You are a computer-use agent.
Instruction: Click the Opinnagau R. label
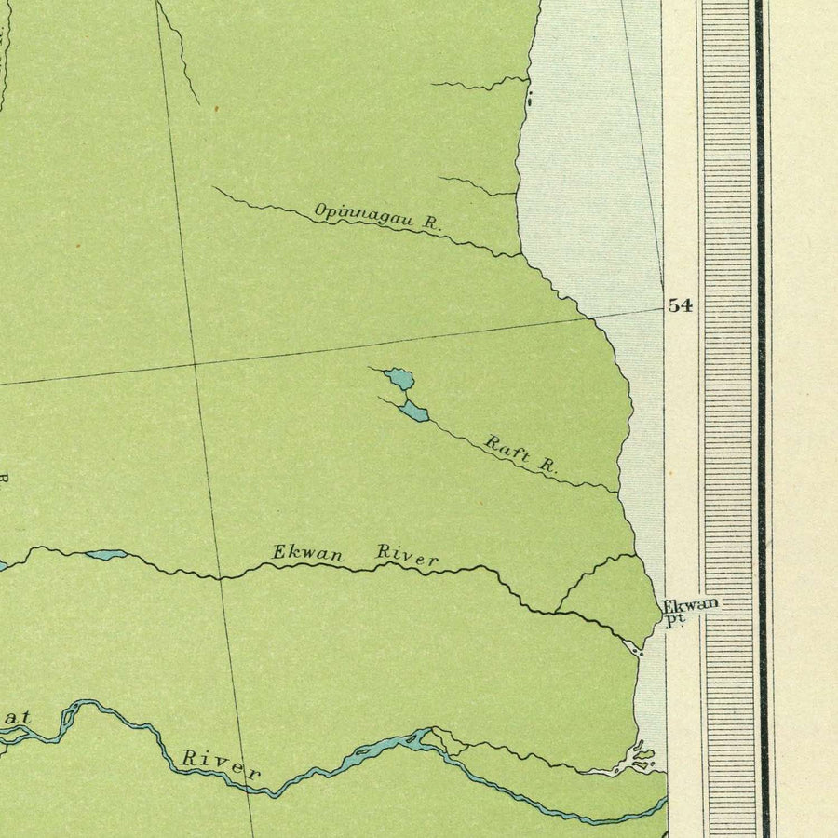tap(377, 217)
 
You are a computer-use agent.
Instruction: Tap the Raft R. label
tap(520, 453)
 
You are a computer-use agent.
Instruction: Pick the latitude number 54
tap(680, 306)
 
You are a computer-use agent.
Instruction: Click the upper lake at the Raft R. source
tap(400, 378)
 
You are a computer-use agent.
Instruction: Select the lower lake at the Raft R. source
tap(414, 411)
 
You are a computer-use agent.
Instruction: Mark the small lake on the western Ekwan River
tap(105, 555)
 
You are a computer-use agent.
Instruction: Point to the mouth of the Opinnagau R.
tap(520, 255)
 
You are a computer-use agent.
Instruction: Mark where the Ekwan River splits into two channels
tap(557, 612)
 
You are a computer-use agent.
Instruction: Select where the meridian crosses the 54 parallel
tap(194, 362)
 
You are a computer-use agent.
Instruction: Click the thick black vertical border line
tap(761, 419)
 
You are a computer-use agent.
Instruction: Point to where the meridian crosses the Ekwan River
tap(221, 577)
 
